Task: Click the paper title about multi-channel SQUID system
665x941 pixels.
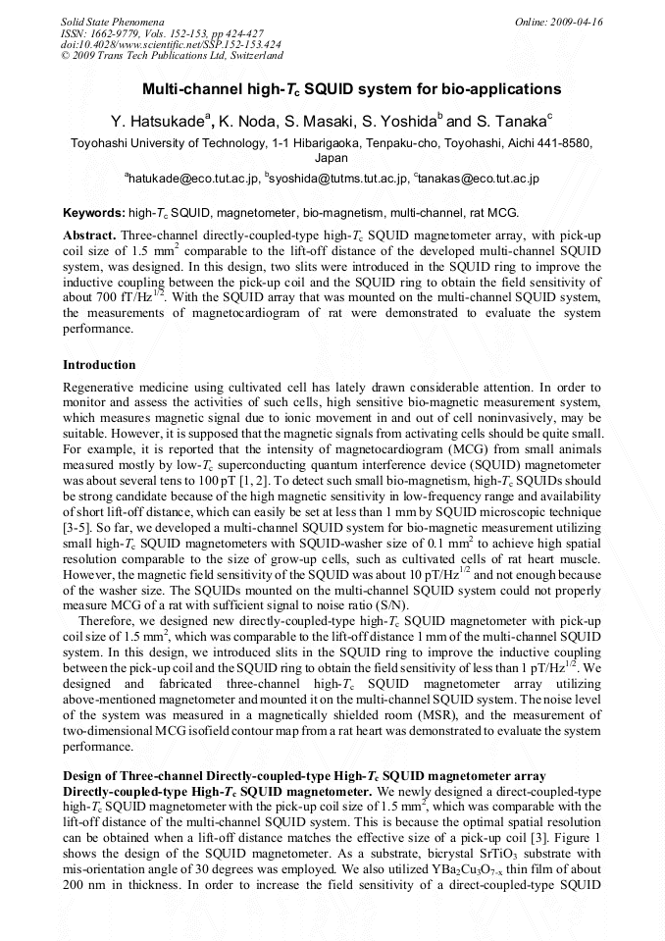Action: pyautogui.click(x=332, y=88)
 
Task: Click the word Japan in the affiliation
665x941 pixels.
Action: pyautogui.click(x=331, y=157)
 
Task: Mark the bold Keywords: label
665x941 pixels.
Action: pyautogui.click(x=94, y=213)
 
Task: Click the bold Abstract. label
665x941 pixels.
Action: pyautogui.click(x=90, y=236)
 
